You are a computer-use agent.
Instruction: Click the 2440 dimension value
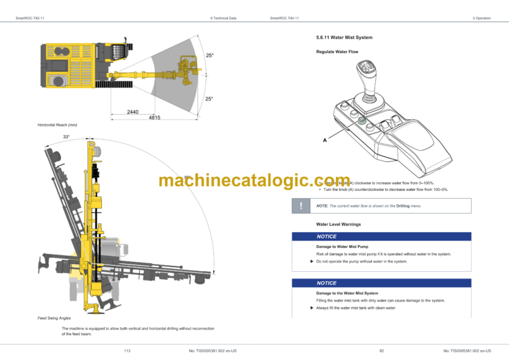pos(133,112)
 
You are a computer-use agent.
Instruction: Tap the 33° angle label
pos(66,137)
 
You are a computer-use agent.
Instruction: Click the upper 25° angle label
pos(209,55)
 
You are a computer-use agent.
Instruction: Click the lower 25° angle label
pos(209,99)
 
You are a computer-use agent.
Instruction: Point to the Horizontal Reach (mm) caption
pos(58,125)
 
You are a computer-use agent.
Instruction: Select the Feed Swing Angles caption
pos(54,318)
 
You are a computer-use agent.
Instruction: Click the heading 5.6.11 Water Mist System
pos(345,37)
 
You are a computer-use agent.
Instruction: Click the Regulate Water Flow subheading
pos(337,52)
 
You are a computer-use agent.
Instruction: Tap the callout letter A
pos(325,140)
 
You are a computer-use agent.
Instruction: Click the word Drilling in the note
pos(404,206)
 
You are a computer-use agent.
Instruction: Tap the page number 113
pos(127,350)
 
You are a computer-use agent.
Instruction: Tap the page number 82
pos(382,350)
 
